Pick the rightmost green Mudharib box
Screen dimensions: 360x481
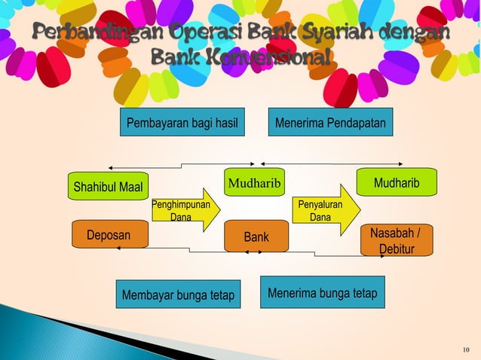pyautogui.click(x=397, y=183)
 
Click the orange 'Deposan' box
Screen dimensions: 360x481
pyautogui.click(x=109, y=235)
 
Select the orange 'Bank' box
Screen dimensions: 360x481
pyautogui.click(x=256, y=236)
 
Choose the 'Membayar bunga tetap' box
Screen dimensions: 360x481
pyautogui.click(x=178, y=294)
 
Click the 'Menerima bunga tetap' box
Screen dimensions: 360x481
pyautogui.click(x=322, y=292)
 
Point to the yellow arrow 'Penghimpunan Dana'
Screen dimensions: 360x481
pyautogui.click(x=185, y=210)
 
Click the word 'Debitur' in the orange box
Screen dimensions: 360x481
pyautogui.click(x=397, y=248)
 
